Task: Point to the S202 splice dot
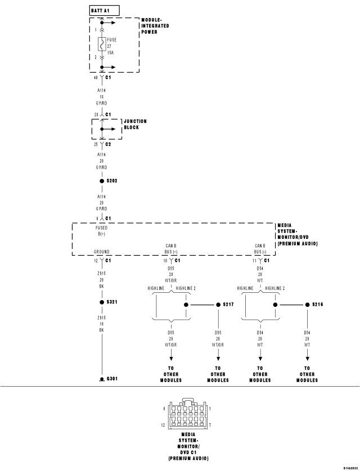tap(102, 181)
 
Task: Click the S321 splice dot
tap(102, 302)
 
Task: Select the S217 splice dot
tap(218, 304)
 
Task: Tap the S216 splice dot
tap(307, 304)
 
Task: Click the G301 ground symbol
tap(102, 379)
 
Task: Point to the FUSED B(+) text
tap(102, 230)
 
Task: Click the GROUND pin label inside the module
tap(102, 252)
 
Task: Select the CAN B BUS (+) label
tap(171, 248)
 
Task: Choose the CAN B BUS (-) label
tap(260, 248)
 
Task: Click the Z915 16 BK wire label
tap(102, 324)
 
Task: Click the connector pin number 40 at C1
tap(96, 77)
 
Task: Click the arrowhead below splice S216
tap(307, 358)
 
